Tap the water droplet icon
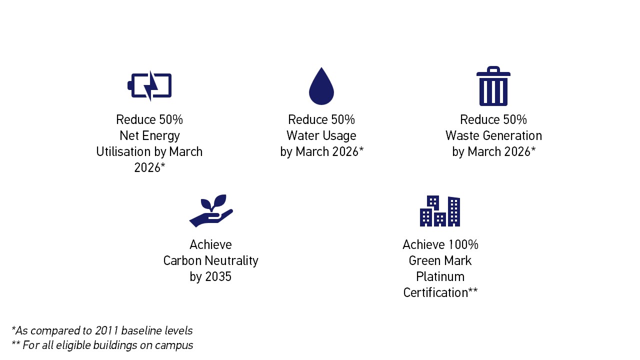(321, 86)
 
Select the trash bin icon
(493, 86)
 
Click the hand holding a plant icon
(211, 211)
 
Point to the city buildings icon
(440, 211)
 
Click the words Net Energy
(149, 135)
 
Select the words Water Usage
(321, 135)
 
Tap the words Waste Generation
(493, 135)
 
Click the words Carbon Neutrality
(211, 261)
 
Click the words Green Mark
(440, 260)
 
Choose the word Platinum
(440, 276)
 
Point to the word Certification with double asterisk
(440, 292)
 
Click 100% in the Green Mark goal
(463, 244)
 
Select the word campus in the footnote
(174, 345)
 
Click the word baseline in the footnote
(137, 330)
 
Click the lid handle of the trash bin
(493, 68)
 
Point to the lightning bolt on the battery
(150, 85)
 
